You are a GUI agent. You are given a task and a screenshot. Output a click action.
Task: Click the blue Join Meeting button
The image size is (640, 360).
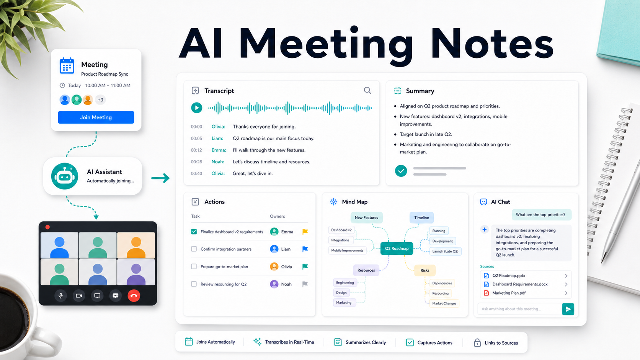96,117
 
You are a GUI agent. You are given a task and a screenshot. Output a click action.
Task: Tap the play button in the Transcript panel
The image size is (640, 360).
197,108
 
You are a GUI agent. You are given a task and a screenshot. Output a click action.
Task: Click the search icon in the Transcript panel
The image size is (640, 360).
367,91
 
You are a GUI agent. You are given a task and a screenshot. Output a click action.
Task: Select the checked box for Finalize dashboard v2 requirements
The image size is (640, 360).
194,231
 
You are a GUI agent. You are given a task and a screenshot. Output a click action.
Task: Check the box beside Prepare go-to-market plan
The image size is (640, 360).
194,266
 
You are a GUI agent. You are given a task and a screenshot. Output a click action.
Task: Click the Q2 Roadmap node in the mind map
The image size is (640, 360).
397,248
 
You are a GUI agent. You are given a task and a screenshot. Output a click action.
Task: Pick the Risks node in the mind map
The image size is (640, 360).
425,270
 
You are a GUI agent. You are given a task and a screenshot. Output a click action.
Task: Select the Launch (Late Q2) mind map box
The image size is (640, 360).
445,251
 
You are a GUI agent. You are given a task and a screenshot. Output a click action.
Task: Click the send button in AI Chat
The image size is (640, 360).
568,309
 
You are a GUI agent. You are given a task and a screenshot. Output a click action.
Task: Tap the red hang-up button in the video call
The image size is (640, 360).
134,296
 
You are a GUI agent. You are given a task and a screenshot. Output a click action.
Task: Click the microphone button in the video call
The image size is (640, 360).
60,296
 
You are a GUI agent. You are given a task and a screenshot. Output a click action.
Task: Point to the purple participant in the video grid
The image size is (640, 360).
136,272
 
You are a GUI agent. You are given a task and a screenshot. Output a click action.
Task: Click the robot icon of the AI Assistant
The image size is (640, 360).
65,176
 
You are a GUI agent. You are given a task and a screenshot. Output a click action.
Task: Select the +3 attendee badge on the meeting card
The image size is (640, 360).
100,99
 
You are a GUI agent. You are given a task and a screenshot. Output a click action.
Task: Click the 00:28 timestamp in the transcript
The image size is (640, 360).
197,162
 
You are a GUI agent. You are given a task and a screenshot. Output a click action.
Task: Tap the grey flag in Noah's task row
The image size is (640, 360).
305,284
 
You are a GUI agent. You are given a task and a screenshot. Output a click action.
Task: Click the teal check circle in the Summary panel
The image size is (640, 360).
401,171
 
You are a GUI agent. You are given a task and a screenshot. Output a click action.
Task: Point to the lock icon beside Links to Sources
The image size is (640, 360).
477,342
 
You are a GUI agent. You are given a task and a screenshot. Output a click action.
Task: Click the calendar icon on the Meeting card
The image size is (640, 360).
67,66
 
